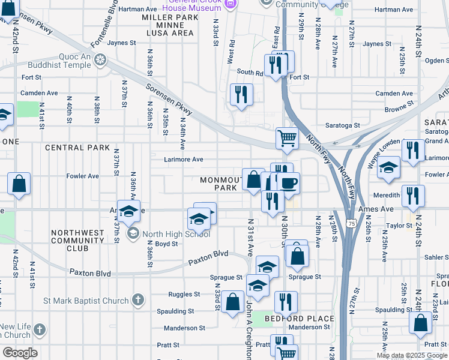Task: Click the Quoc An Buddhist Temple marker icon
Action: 100,59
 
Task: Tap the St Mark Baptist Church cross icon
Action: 138,300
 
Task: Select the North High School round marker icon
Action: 134,234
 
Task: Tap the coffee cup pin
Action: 288,184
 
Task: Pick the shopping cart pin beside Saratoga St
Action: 288,137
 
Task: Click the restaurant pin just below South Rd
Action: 241,94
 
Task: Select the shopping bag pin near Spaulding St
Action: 232,302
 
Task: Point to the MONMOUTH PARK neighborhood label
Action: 223,184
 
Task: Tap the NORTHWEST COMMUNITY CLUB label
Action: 78,240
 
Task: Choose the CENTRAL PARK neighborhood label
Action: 77,148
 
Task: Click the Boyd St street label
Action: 166,244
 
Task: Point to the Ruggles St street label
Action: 184,295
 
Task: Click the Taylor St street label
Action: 398,226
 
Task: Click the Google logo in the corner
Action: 20,353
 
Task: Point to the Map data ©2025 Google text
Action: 411,355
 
